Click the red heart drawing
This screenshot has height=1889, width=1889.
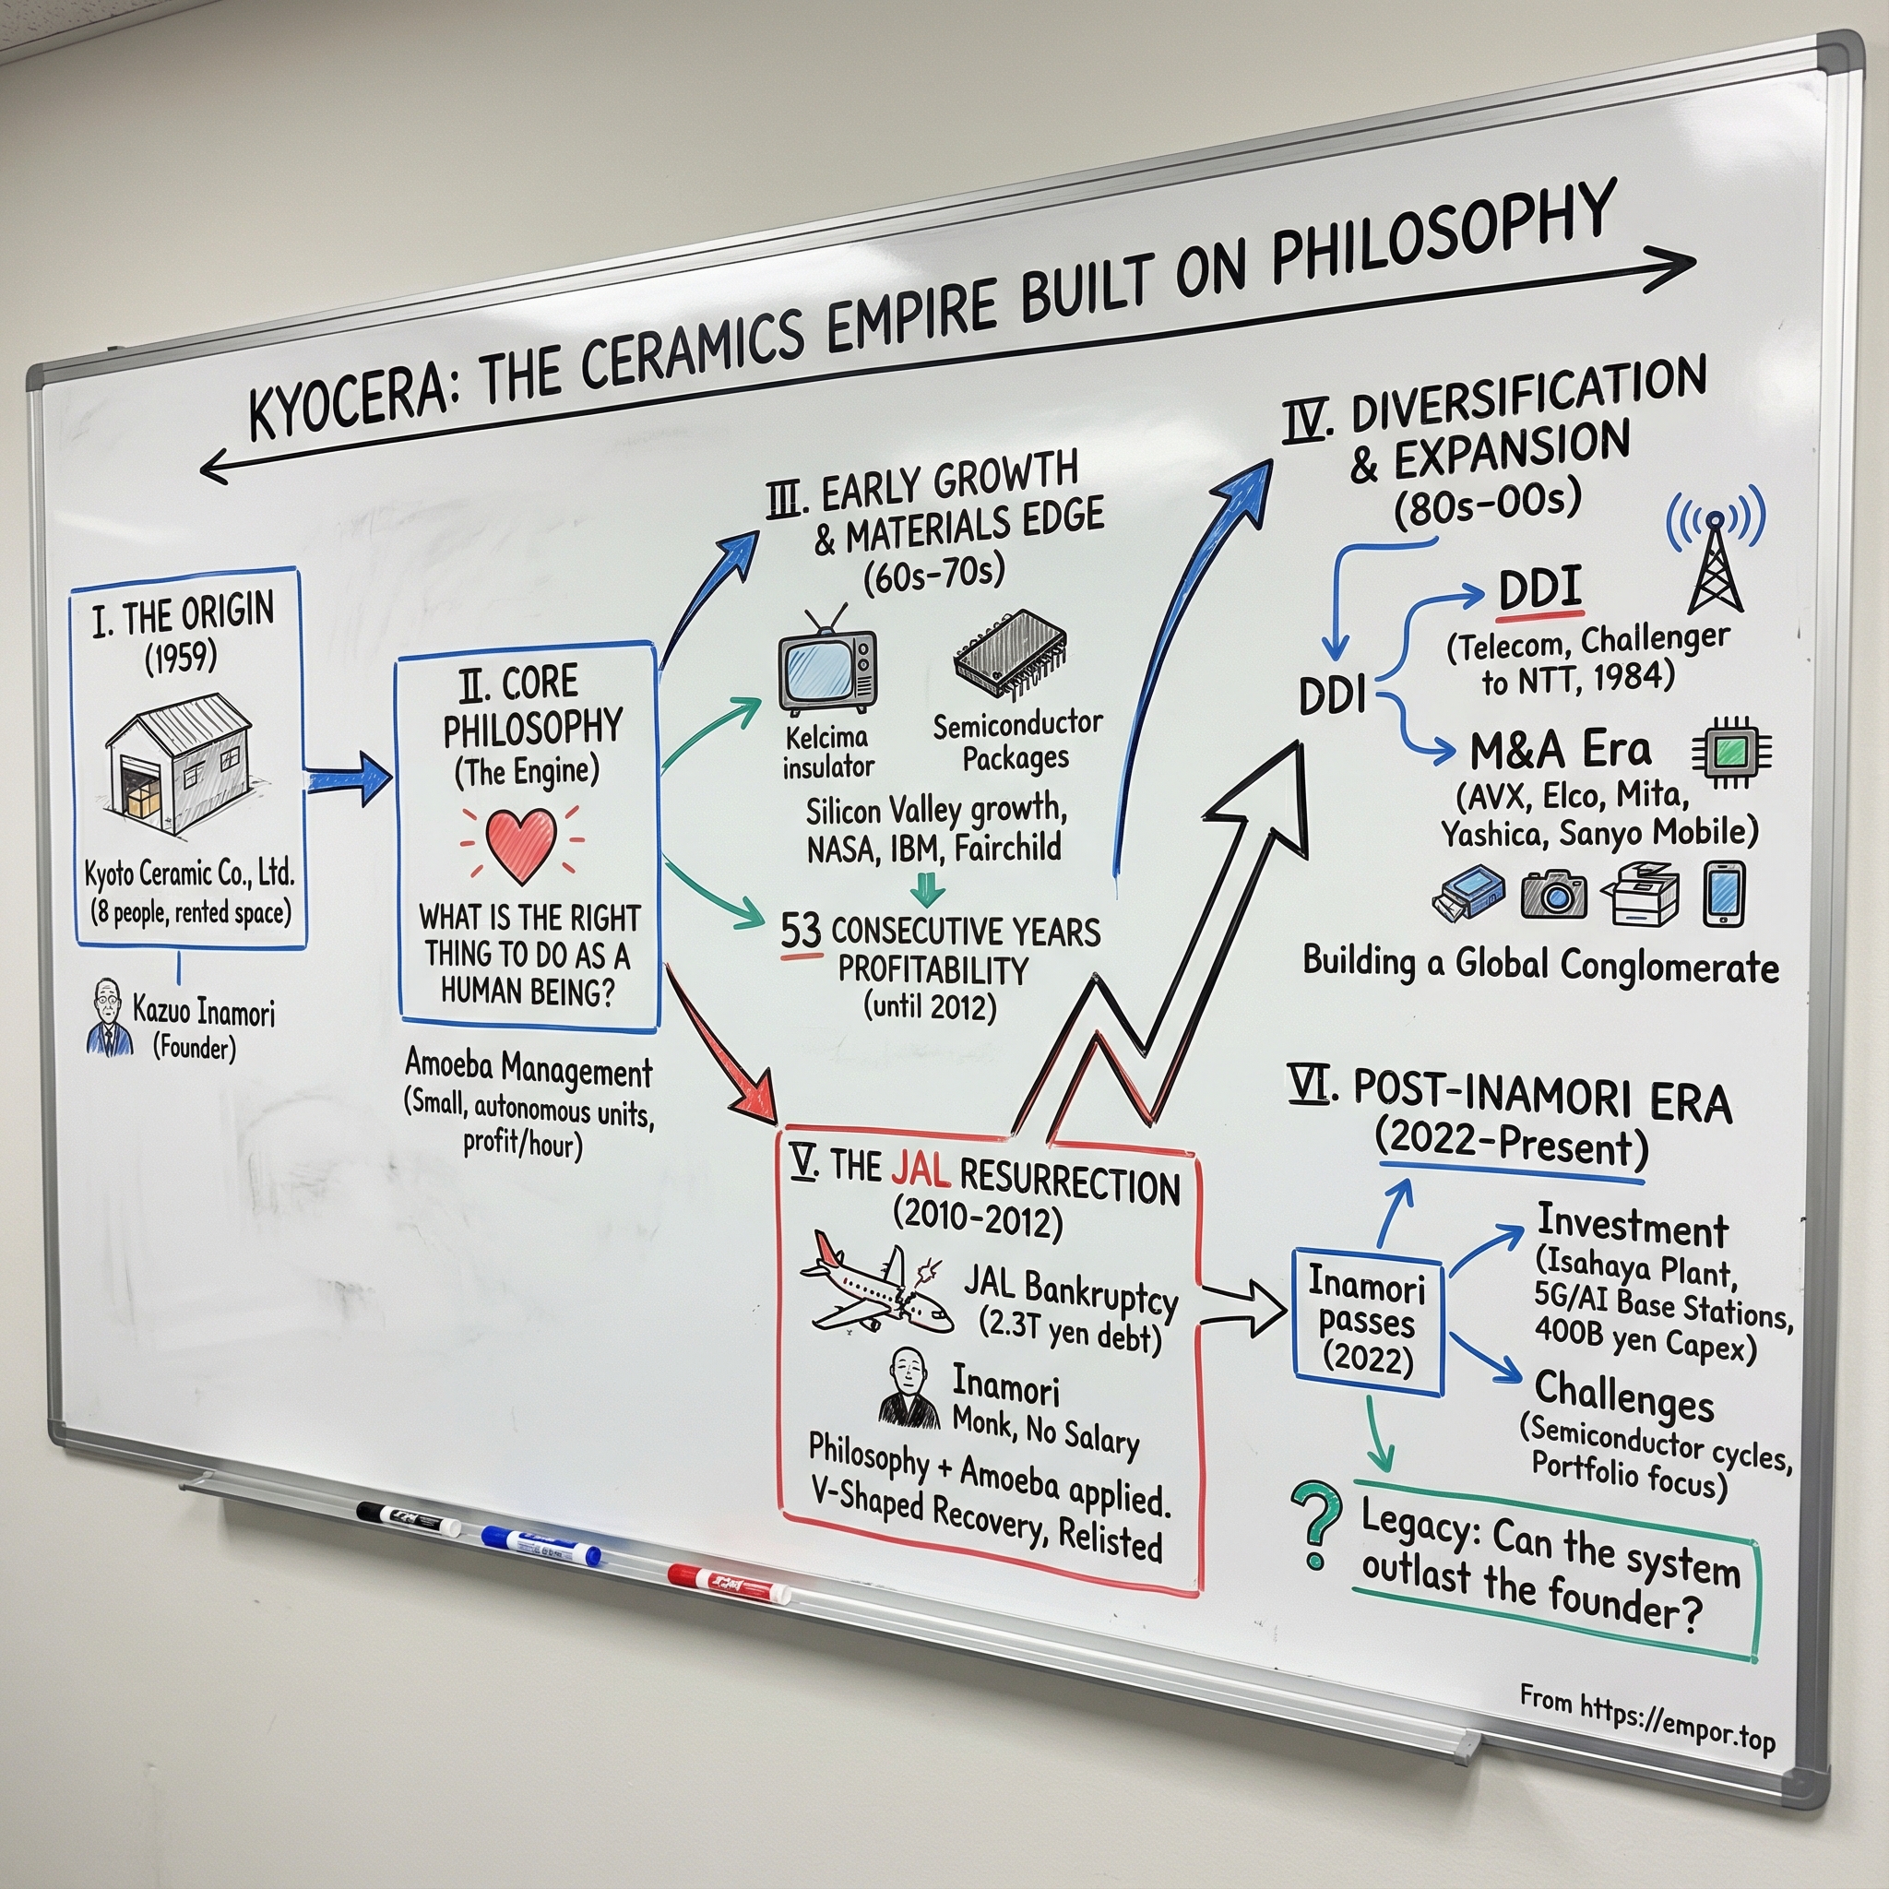tap(521, 844)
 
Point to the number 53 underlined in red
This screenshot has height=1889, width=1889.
tap(800, 930)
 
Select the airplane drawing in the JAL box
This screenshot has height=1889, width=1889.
tap(873, 1285)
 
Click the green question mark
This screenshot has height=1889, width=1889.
tap(1316, 1525)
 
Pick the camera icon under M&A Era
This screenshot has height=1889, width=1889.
tap(1553, 892)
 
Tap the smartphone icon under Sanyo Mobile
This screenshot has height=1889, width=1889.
tap(1723, 893)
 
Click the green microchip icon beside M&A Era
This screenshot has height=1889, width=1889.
tap(1731, 752)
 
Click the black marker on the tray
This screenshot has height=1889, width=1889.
tap(407, 1519)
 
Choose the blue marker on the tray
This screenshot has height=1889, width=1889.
tap(541, 1547)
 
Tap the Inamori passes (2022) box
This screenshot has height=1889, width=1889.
tap(1367, 1321)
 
